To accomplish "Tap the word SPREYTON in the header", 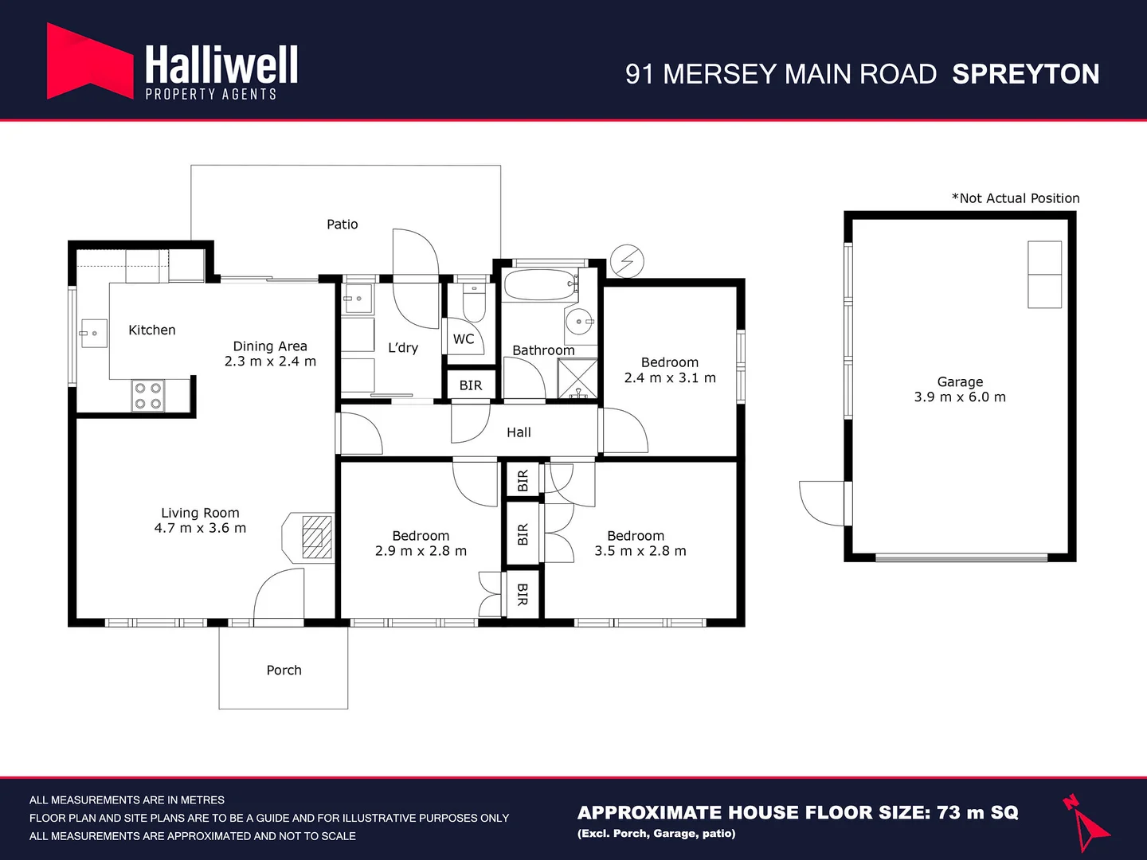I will (x=1025, y=74).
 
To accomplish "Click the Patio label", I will (x=342, y=225).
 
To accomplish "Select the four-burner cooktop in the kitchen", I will (x=147, y=396).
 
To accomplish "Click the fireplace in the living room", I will (x=315, y=537).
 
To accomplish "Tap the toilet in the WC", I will (x=473, y=302).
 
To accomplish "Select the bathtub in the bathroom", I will (x=539, y=285).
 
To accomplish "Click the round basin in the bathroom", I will (x=578, y=322).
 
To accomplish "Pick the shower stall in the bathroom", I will (x=577, y=379).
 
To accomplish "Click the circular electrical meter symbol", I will (x=627, y=260).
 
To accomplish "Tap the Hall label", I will (x=519, y=432).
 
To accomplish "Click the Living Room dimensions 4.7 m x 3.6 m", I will (x=200, y=528).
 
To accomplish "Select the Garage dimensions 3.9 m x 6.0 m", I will (x=960, y=397).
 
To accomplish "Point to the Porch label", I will (x=284, y=670).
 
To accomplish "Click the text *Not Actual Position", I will (x=1016, y=198).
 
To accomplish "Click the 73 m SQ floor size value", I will (x=977, y=812).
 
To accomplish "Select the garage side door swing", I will (x=824, y=503).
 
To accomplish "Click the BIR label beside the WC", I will (x=470, y=385).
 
